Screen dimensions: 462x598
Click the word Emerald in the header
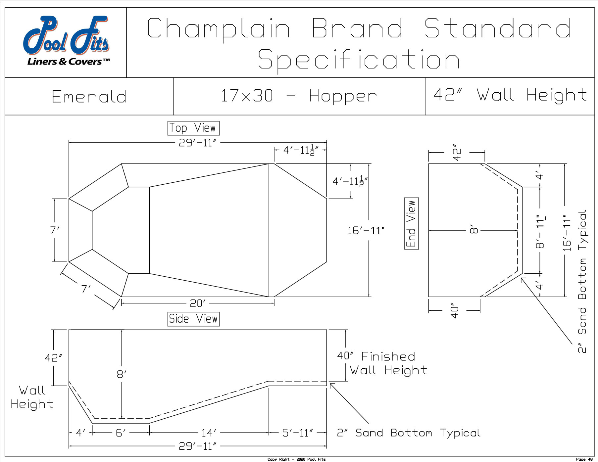point(89,97)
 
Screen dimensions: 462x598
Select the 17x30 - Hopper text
point(299,96)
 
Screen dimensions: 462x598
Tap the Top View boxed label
point(193,128)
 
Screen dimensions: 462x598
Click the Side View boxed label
point(193,319)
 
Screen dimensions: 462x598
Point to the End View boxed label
point(412,223)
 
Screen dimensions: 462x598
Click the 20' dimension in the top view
point(198,303)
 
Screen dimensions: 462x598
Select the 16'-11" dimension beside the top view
point(366,230)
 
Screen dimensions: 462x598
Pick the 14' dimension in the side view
point(209,433)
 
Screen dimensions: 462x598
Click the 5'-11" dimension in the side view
point(298,433)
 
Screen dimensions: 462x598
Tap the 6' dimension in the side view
point(121,433)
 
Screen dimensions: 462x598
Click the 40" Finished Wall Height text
point(382,363)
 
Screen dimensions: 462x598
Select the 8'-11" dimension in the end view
point(540,231)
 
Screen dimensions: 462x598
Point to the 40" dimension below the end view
point(455,310)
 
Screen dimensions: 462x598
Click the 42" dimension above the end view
point(457,153)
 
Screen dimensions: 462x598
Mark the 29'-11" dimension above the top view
point(198,143)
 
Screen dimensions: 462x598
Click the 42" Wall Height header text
point(510,95)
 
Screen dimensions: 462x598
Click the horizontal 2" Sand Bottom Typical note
point(409,433)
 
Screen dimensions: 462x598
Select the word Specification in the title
point(359,60)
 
